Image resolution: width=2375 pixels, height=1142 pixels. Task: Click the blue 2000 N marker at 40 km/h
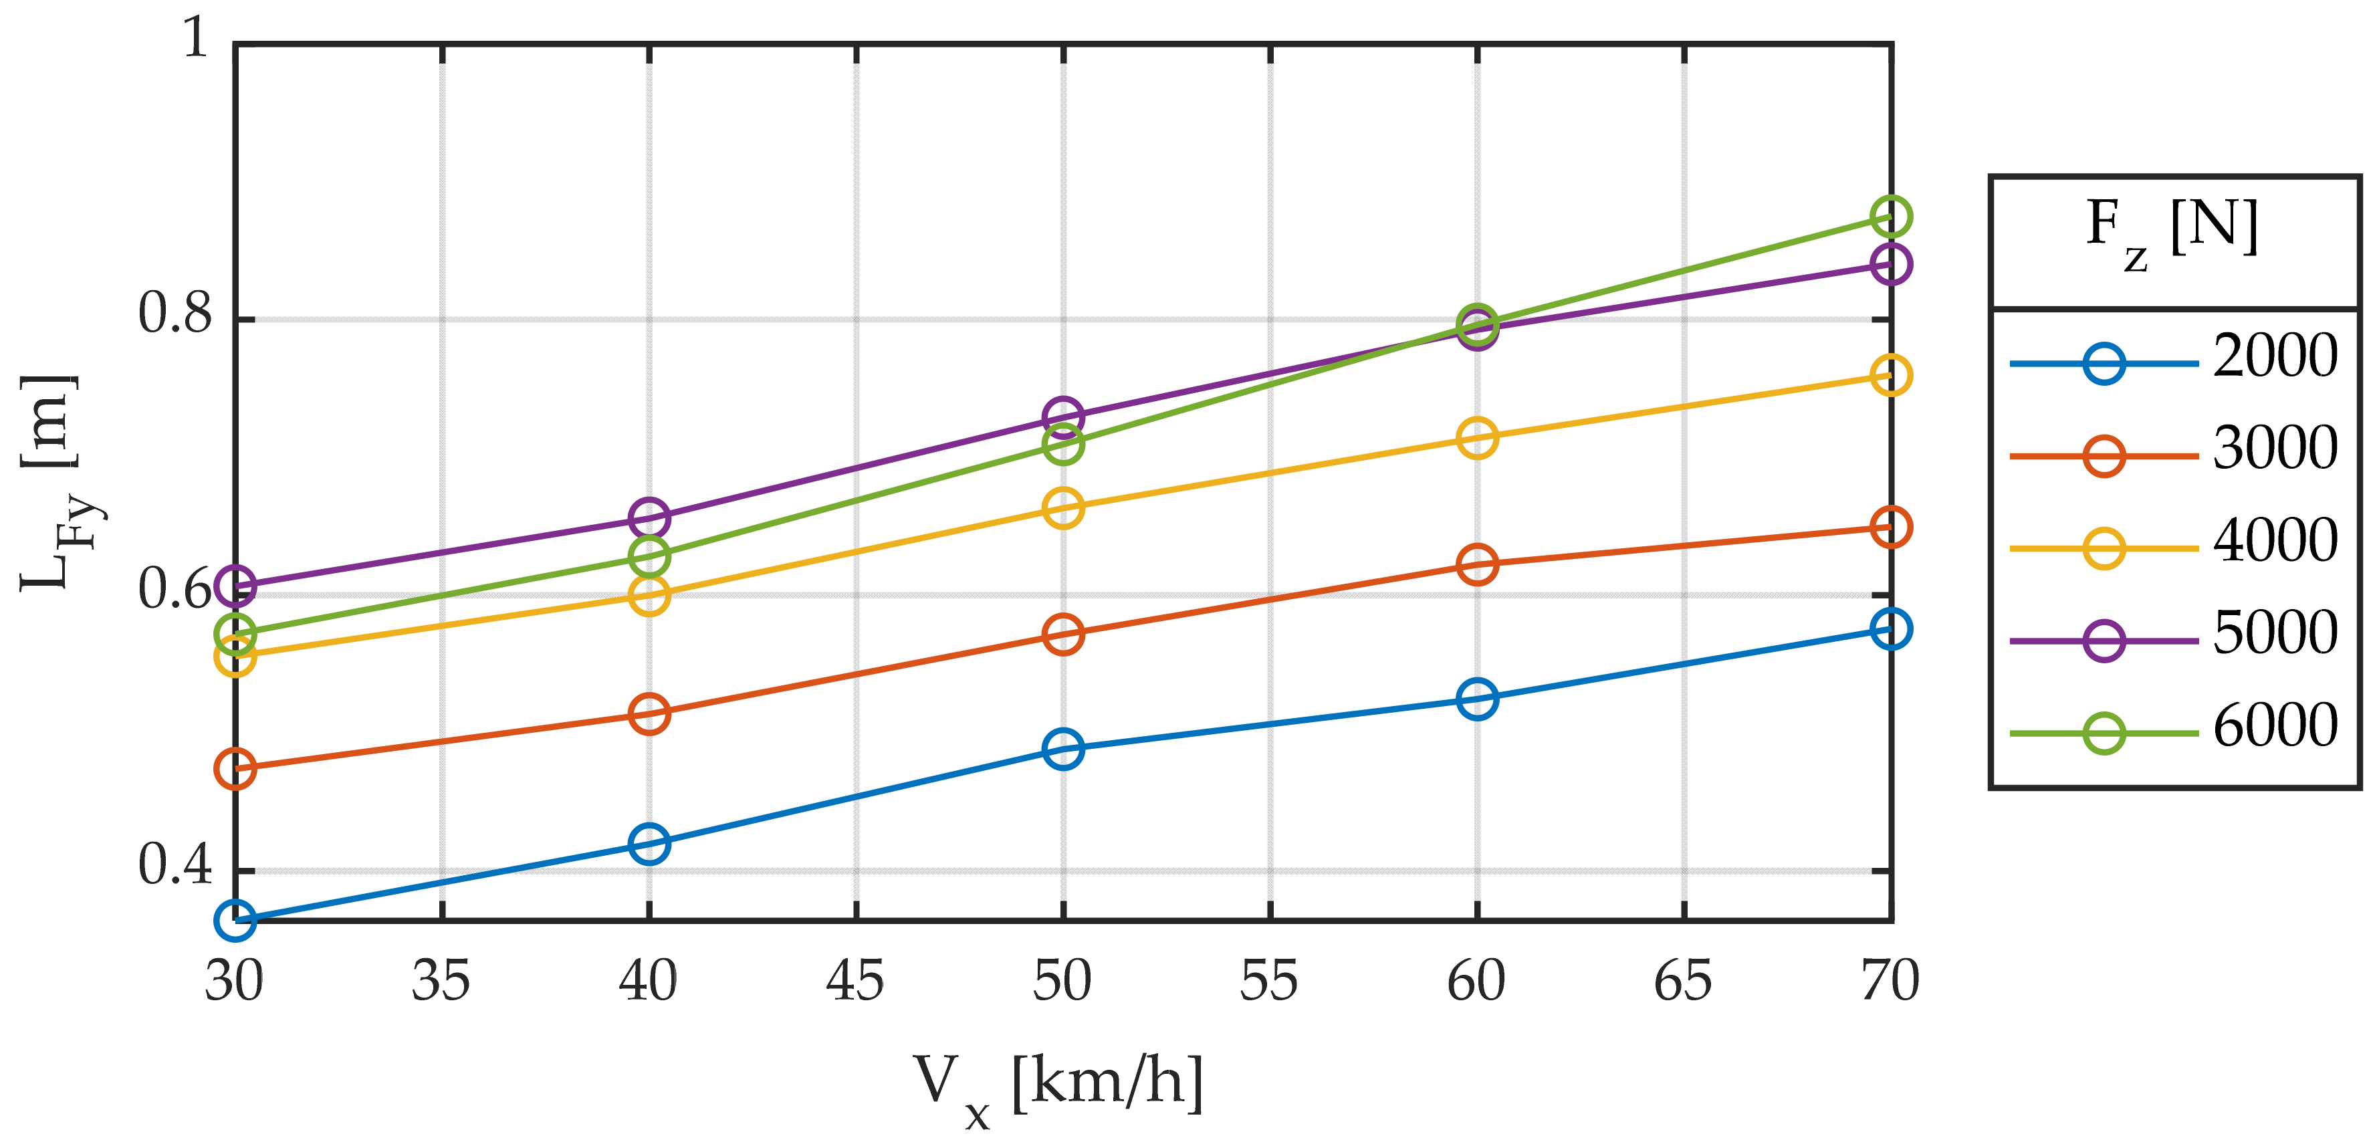649,843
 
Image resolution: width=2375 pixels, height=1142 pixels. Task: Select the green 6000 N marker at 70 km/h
1890,217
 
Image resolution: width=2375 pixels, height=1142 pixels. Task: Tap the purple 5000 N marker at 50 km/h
1063,417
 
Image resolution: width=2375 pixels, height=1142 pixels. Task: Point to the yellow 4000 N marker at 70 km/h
1890,375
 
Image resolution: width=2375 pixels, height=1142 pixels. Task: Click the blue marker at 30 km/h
235,920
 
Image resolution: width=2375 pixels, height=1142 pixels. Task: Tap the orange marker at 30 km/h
235,768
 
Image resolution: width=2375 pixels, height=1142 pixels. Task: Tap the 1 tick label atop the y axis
195,39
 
